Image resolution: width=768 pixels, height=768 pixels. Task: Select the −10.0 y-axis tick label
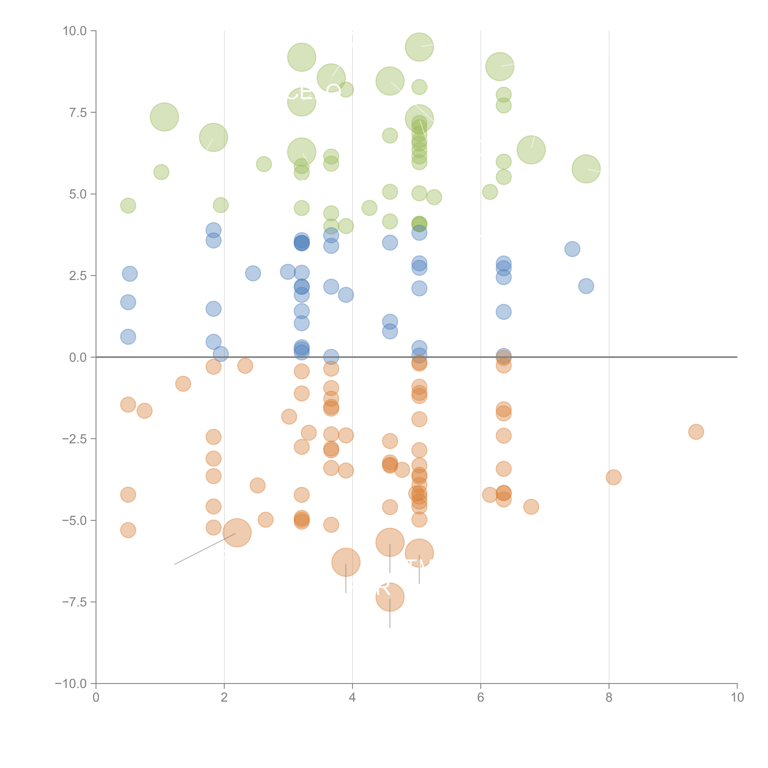[71, 684]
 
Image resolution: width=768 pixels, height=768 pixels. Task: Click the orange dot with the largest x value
[696, 432]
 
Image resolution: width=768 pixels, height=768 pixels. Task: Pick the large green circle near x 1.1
[164, 117]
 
